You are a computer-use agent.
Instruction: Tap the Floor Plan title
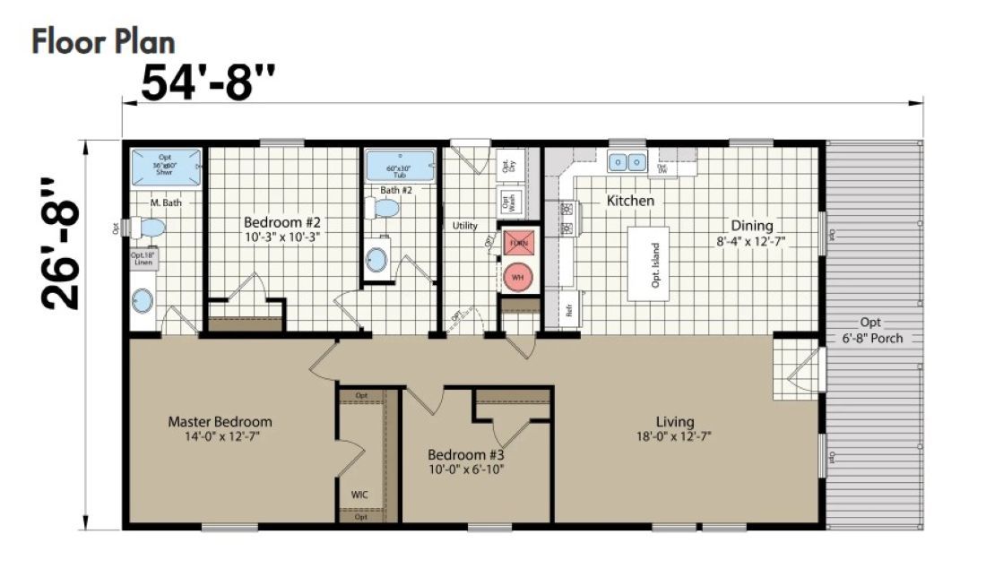tap(103, 41)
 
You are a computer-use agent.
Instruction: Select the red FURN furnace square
tap(518, 243)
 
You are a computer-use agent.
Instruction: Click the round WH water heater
tap(518, 277)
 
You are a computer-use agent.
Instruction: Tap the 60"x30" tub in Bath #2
tap(399, 168)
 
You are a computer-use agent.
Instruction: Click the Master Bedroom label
tap(220, 428)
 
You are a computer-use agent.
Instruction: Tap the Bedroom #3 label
tap(465, 461)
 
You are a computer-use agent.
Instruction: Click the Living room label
tap(675, 429)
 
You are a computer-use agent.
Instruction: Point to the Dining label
tap(751, 233)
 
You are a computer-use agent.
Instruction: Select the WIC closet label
tap(360, 493)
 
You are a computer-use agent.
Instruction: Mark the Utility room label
tap(465, 226)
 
